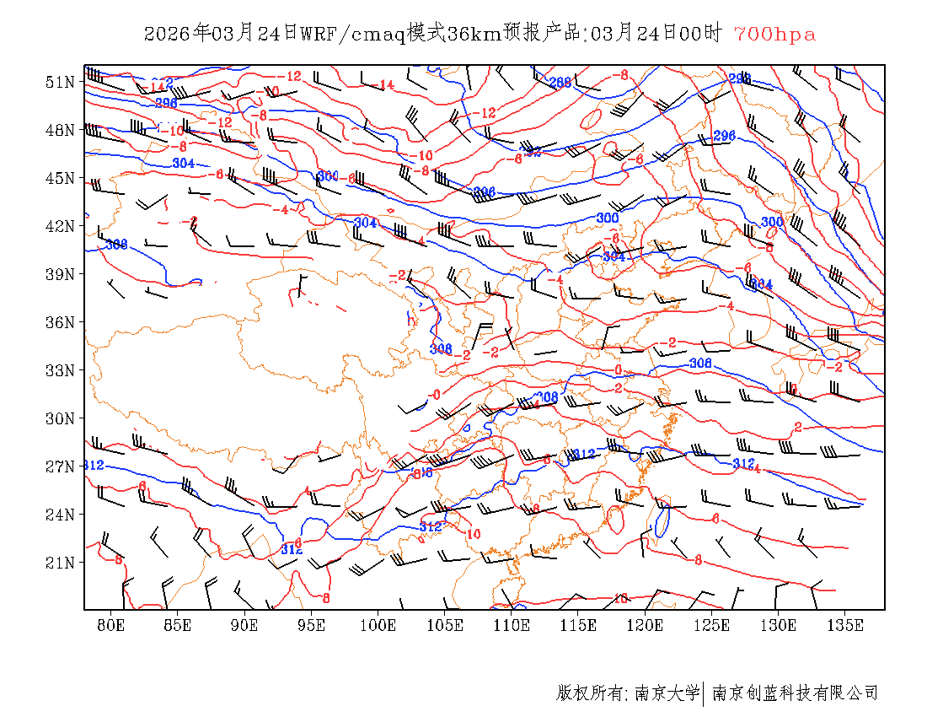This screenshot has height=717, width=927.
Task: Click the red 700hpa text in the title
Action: click(x=774, y=35)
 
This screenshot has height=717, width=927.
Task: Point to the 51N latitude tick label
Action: click(x=60, y=82)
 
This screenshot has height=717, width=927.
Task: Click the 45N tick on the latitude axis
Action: click(x=60, y=178)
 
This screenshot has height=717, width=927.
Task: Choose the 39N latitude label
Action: click(x=60, y=274)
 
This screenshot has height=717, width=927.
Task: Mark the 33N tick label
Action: click(x=60, y=370)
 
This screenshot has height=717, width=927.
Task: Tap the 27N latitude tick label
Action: click(x=60, y=466)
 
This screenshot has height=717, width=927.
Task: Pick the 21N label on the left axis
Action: click(x=60, y=563)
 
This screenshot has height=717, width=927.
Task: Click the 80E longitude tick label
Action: click(x=111, y=626)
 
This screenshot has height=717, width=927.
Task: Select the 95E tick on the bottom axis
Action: click(x=312, y=626)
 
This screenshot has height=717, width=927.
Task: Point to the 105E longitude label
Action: click(x=445, y=626)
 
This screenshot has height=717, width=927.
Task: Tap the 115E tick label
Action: click(x=579, y=626)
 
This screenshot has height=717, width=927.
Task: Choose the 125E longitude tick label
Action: click(x=712, y=626)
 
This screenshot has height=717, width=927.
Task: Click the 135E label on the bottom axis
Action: click(x=845, y=626)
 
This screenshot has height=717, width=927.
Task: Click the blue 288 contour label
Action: click(x=560, y=83)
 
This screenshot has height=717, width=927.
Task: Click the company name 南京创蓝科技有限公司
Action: click(x=795, y=693)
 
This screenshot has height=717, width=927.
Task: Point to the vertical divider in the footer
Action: click(x=704, y=693)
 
